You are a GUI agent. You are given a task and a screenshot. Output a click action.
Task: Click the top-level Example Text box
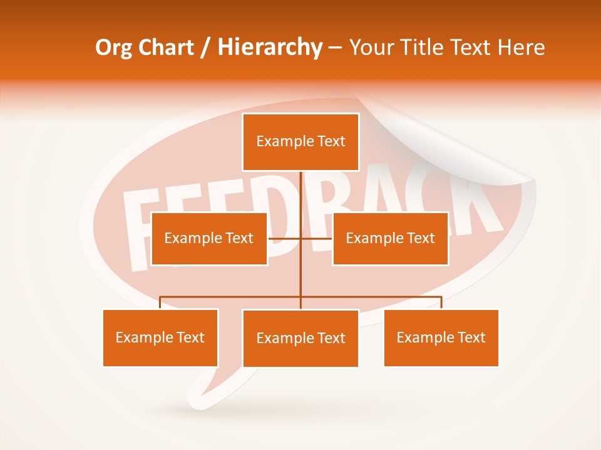tap(300, 142)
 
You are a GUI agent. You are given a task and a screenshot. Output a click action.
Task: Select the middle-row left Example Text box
tap(209, 239)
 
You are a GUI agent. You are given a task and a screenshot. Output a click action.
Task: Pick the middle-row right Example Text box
tap(390, 239)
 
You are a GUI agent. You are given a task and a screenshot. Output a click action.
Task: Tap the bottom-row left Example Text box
tap(160, 338)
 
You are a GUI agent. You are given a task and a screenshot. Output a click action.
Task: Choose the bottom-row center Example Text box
tap(300, 339)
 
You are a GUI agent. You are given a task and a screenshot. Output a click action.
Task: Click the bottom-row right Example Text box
tap(441, 338)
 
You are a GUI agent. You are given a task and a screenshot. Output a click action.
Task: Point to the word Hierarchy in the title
tap(269, 47)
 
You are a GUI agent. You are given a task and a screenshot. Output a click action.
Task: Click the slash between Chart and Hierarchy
tap(205, 47)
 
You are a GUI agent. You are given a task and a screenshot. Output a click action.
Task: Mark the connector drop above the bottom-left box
tap(160, 302)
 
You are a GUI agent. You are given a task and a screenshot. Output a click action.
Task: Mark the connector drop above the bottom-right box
tap(441, 302)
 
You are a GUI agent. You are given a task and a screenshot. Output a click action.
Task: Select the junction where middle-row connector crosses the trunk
tap(300, 239)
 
